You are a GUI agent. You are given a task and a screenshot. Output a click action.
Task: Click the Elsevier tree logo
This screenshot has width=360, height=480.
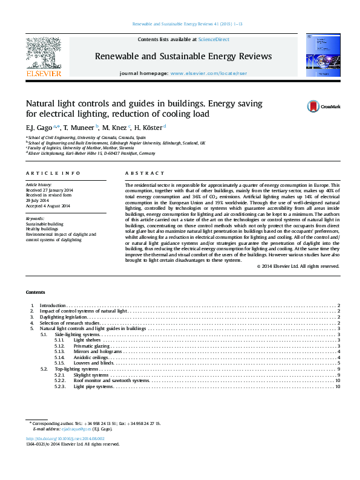pos(43,54)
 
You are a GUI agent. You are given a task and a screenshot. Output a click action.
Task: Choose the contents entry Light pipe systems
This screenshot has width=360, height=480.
pos(93,386)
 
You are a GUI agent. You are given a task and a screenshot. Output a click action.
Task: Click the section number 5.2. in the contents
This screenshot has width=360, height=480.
pos(44,369)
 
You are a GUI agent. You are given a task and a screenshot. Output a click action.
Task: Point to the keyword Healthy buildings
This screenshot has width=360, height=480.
pos(42,229)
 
